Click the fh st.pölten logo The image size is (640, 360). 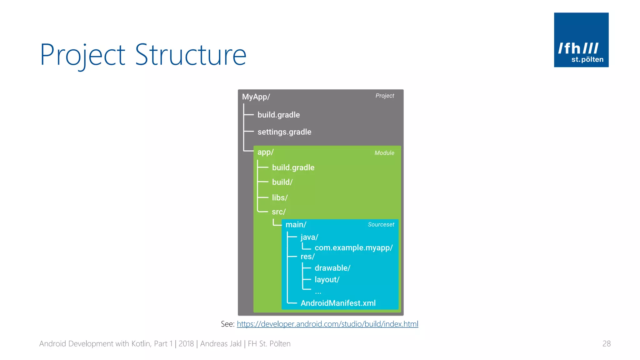tap(581, 40)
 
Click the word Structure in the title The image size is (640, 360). tap(191, 55)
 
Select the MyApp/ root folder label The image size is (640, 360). tap(256, 97)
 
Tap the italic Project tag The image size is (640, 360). tap(385, 96)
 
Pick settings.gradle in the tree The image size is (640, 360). tap(284, 132)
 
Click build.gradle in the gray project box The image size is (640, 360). tap(278, 115)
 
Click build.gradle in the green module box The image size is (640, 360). tap(293, 167)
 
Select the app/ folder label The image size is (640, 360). tap(265, 152)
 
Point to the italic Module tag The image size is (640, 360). tap(384, 153)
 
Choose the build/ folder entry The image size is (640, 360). tap(282, 182)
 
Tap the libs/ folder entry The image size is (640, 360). tap(280, 197)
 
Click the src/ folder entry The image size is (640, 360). tap(279, 212)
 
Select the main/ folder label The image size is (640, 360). tap(296, 225)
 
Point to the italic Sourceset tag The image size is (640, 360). tap(381, 224)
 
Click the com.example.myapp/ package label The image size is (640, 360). tap(353, 248)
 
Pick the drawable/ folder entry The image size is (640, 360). tap(332, 268)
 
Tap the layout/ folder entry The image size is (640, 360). tap(327, 280)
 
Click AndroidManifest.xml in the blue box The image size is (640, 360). tap(338, 303)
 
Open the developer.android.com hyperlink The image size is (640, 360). tap(327, 324)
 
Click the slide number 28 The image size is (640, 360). tap(606, 344)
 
